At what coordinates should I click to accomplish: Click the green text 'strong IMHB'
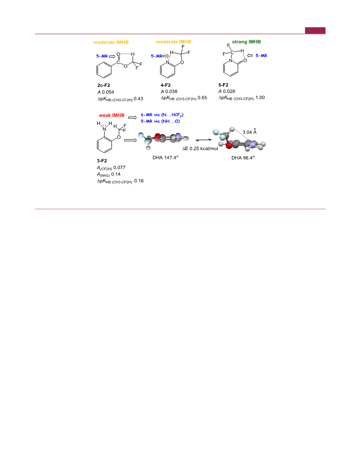click(x=246, y=42)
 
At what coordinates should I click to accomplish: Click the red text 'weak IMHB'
click(x=112, y=115)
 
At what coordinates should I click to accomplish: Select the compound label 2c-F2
click(x=103, y=85)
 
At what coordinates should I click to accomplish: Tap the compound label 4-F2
click(x=166, y=85)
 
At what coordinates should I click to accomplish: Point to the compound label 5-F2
click(x=223, y=85)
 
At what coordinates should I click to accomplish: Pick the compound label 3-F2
click(x=102, y=161)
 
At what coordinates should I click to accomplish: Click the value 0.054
click(x=108, y=92)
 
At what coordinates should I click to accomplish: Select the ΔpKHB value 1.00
click(x=260, y=97)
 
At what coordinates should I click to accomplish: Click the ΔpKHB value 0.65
click(x=202, y=97)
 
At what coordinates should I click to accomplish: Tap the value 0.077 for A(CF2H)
click(x=119, y=168)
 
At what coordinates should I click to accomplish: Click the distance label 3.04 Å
click(x=250, y=132)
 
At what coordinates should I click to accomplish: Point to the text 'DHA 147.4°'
click(x=166, y=157)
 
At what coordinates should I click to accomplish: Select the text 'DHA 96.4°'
click(x=243, y=158)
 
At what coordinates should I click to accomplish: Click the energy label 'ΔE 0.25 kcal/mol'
click(x=200, y=148)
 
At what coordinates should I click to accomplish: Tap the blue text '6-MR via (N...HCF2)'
click(x=162, y=115)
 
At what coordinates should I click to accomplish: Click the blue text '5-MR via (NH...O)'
click(x=160, y=121)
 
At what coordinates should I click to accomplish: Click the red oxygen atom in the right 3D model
click(x=229, y=146)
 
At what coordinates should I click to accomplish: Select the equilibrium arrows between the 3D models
click(x=199, y=140)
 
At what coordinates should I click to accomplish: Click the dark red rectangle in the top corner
click(x=315, y=30)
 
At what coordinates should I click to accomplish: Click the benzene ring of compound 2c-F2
click(x=104, y=71)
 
